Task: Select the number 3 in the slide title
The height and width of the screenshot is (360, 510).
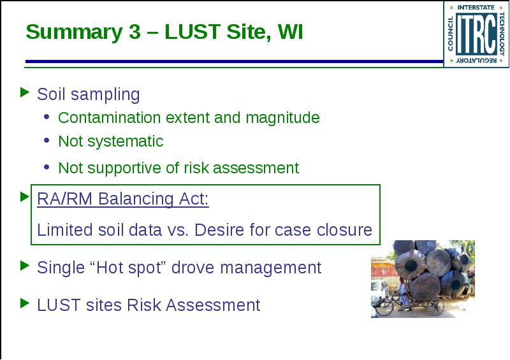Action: click(135, 32)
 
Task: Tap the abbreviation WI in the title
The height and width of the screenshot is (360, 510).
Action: click(290, 32)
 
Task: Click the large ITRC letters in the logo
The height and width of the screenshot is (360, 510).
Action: click(476, 34)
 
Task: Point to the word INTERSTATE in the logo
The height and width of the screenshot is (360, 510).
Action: click(476, 8)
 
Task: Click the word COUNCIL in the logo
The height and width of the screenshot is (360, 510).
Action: click(451, 34)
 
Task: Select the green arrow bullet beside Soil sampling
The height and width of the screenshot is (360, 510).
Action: click(25, 92)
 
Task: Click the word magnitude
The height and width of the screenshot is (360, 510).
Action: click(282, 118)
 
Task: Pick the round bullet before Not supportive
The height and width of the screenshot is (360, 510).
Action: click(47, 167)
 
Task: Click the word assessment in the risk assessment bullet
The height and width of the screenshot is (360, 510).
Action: click(256, 168)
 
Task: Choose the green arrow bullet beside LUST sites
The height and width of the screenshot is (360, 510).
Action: click(25, 303)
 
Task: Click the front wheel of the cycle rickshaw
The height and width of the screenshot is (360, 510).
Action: click(384, 306)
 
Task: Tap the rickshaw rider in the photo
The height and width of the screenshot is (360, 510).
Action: click(404, 293)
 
